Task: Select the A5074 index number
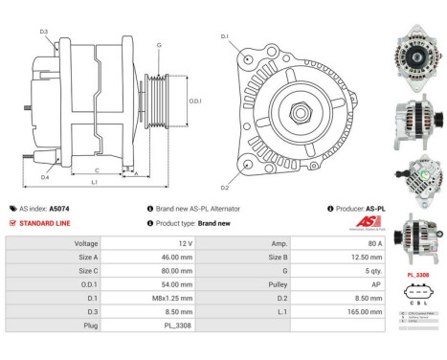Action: (x=61, y=208)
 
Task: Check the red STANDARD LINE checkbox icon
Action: (x=11, y=222)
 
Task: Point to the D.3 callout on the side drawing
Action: (x=45, y=32)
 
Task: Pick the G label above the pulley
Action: (x=159, y=45)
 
